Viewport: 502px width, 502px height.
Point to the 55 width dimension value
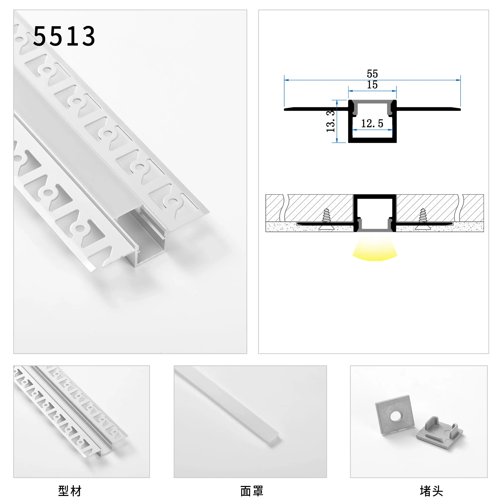pos(372,74)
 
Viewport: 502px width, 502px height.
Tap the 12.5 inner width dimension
pos(372,123)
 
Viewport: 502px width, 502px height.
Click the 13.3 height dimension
pos(331,121)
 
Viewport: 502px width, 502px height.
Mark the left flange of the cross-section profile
pos(316,109)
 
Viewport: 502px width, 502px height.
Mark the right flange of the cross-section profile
pos(429,109)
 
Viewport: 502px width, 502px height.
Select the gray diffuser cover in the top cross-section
pos(372,102)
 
